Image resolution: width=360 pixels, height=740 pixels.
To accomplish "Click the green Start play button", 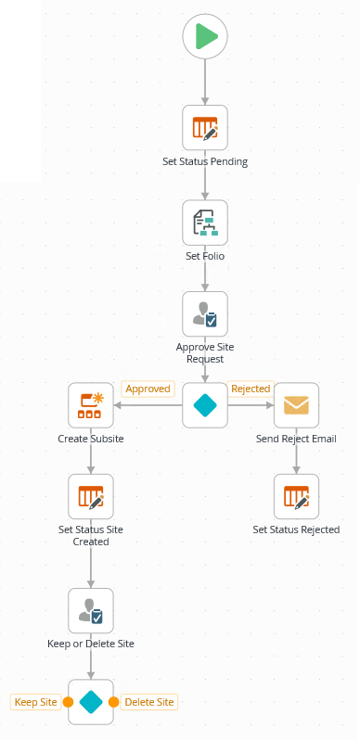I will tap(205, 37).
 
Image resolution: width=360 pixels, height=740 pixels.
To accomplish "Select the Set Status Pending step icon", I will tap(205, 128).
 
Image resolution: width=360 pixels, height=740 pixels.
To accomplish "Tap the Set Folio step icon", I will tap(205, 223).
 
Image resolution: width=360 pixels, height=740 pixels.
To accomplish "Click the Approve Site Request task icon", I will tap(205, 314).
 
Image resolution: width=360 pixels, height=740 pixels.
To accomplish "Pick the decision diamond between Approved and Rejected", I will tap(205, 405).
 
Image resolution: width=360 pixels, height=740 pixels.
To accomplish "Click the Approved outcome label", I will tap(148, 389).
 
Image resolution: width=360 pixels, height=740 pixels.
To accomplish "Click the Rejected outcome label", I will tap(250, 389).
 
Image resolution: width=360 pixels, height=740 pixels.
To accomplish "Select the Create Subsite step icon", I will tap(91, 405).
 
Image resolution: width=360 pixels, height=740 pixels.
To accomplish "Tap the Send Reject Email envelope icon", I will tap(296, 405).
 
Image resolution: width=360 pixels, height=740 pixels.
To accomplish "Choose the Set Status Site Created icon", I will tap(91, 496).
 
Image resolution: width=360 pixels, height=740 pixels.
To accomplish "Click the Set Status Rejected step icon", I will tap(296, 496).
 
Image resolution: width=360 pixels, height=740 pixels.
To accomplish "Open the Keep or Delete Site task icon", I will tap(91, 610).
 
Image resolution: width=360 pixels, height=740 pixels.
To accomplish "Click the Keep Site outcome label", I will tap(36, 702).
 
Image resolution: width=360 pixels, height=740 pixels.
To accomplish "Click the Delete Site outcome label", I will tap(148, 702).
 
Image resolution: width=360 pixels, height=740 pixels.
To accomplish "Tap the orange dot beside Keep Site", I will tap(68, 702).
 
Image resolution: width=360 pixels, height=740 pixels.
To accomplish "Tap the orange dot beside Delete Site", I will tap(113, 702).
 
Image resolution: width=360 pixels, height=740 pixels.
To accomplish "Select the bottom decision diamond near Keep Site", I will tap(91, 702).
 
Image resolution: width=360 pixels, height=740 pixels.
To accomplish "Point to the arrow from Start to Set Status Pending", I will tap(205, 82).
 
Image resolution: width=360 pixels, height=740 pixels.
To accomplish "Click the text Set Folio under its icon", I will tap(205, 255).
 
